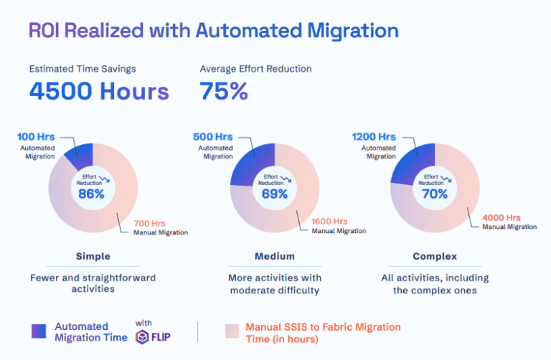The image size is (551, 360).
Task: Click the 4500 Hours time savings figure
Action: tap(99, 91)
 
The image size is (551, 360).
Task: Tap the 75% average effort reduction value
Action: tap(224, 91)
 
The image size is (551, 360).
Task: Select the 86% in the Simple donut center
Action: tap(91, 194)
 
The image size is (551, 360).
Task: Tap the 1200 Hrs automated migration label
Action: tap(374, 136)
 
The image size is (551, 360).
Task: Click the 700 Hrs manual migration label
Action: tap(151, 222)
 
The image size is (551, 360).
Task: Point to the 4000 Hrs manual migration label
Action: tap(501, 217)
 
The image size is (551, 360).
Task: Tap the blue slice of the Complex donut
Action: tap(412, 160)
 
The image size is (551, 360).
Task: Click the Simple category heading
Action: tap(93, 256)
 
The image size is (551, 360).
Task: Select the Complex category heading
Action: tap(435, 256)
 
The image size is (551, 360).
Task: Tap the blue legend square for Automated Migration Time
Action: tap(39, 331)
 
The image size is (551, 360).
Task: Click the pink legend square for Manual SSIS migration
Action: tap(232, 331)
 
